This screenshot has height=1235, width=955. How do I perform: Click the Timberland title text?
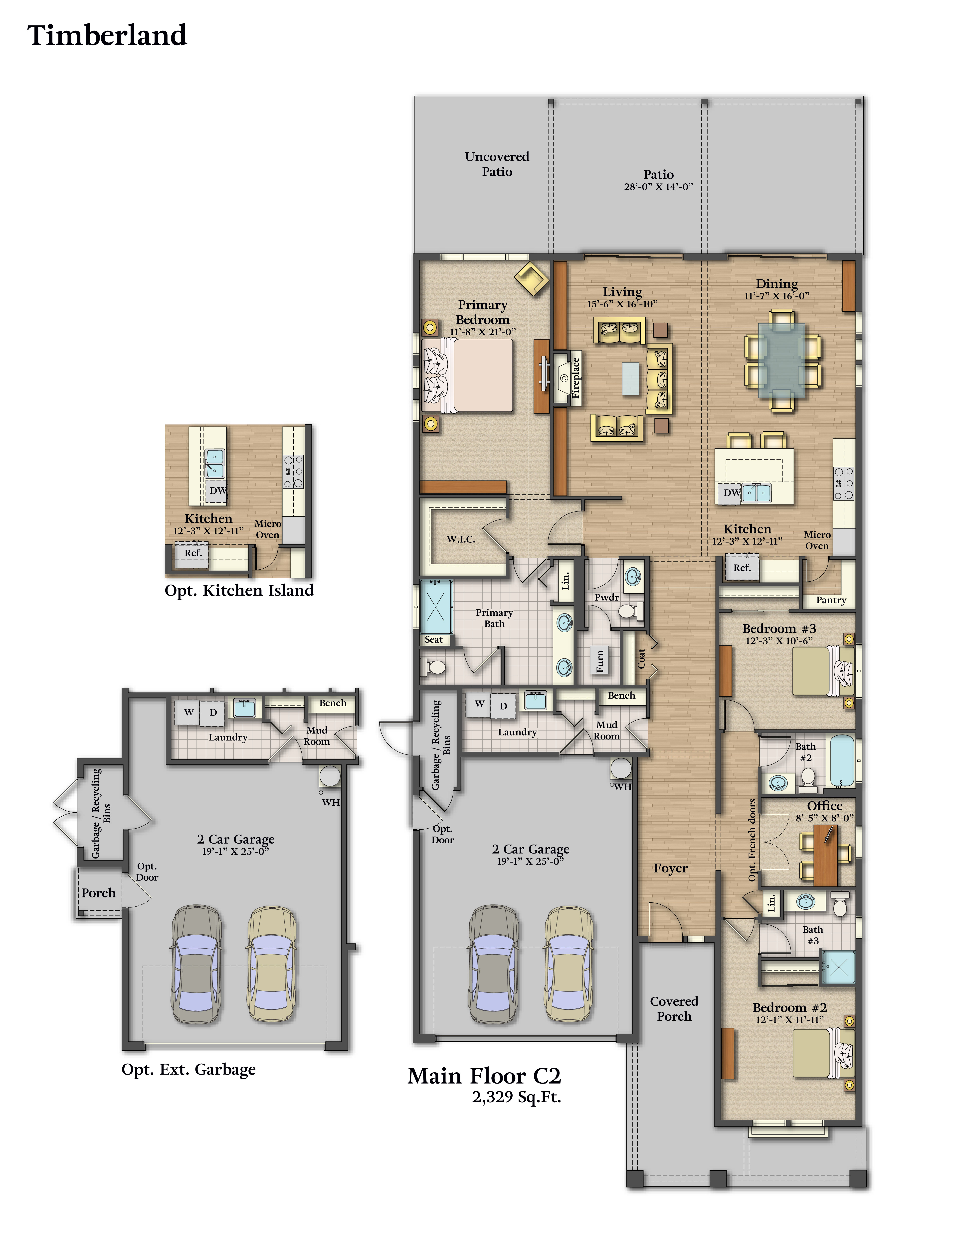(107, 35)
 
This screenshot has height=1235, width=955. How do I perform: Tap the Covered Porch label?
(674, 1008)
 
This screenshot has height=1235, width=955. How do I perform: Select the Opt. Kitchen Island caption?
(239, 590)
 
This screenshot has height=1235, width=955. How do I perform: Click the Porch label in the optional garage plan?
(98, 893)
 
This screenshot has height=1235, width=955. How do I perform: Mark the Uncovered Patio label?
(497, 164)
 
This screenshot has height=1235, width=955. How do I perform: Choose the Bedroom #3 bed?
(823, 671)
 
